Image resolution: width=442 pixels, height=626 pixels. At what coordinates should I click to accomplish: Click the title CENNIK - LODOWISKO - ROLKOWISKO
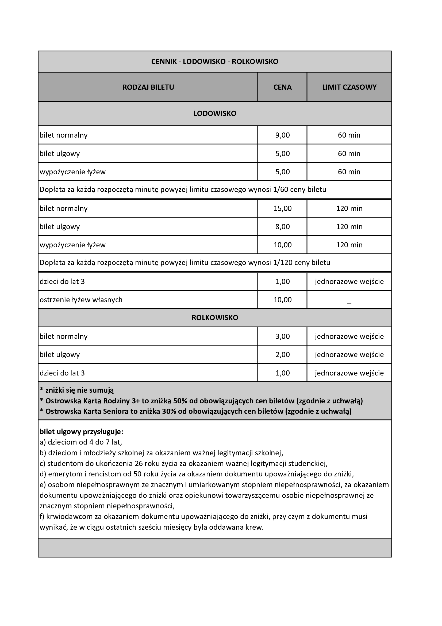[x=215, y=62]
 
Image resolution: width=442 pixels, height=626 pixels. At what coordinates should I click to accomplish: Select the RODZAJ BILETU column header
[x=148, y=87]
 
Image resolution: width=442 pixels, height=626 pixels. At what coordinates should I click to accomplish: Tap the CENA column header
[x=282, y=87]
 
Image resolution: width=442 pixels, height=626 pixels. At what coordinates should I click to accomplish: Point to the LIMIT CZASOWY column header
[x=349, y=87]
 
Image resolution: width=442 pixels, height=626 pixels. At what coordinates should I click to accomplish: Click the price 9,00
[x=282, y=135]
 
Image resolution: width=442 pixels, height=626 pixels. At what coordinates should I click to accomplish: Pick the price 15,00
[x=282, y=208]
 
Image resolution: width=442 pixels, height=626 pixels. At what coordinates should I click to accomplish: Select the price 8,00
[x=282, y=227]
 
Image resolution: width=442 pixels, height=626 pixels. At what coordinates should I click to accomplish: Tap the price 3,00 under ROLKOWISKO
[x=282, y=336]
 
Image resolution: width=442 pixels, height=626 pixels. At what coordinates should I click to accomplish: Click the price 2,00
[x=282, y=355]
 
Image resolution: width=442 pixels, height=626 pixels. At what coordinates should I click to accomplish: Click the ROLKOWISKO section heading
[x=215, y=318]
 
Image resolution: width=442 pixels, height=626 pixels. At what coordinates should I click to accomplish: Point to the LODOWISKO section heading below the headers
[x=215, y=113]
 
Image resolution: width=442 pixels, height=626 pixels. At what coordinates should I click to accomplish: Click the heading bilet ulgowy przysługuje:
[x=81, y=432]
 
